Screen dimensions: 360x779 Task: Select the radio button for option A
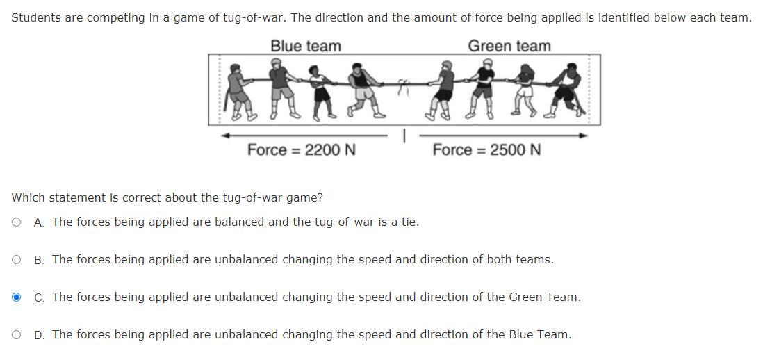click(16, 222)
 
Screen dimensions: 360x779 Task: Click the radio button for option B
click(16, 260)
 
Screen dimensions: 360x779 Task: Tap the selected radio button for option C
click(16, 297)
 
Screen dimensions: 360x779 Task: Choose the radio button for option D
click(16, 335)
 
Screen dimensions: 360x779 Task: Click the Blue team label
click(306, 47)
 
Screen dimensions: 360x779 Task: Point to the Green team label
click(509, 47)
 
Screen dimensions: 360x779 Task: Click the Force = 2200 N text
click(302, 150)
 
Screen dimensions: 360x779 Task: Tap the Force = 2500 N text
click(486, 150)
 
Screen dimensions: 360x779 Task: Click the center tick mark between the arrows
click(404, 137)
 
